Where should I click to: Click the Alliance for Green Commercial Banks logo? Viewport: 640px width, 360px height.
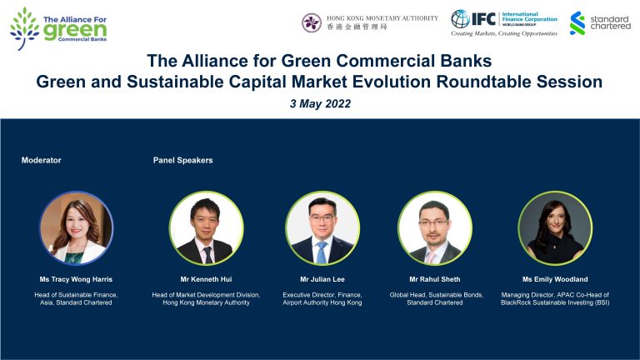pos(58,28)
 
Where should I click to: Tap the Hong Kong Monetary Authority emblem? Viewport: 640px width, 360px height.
pos(312,22)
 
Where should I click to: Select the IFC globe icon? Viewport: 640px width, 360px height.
pos(460,19)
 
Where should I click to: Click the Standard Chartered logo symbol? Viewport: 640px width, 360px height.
pos(577,23)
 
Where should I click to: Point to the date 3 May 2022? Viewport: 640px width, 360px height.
pos(320,103)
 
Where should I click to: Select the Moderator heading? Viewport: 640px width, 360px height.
pos(41,160)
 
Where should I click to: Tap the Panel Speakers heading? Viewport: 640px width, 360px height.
pos(182,160)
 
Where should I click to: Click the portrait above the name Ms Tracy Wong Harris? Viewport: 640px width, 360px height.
pos(77,228)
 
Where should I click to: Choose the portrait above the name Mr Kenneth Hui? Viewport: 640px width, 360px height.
pos(207,228)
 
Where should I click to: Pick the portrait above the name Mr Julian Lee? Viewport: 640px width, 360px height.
pos(322,228)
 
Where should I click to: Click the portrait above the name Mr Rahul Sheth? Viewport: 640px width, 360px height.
pos(435,228)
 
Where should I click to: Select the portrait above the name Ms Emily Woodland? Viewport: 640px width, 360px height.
pos(555,228)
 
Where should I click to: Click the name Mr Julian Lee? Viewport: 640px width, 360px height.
pos(322,280)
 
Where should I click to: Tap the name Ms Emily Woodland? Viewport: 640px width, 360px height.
pos(555,280)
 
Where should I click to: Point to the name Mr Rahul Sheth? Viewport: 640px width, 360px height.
pos(435,280)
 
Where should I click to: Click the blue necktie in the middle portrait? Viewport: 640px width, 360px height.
pos(322,252)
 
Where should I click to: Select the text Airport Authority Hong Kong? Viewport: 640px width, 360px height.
pos(322,302)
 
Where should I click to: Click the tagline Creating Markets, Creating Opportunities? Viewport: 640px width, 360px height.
pos(504,33)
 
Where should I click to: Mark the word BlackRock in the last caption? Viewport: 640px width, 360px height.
pos(517,302)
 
